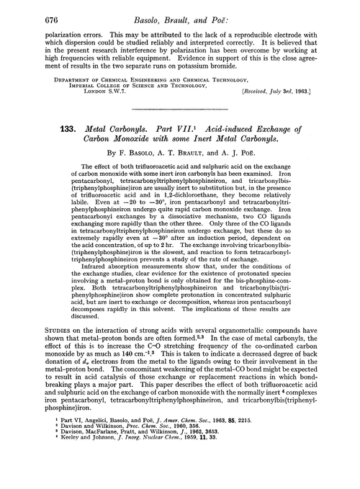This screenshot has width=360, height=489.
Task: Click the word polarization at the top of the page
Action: coord(42,33)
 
